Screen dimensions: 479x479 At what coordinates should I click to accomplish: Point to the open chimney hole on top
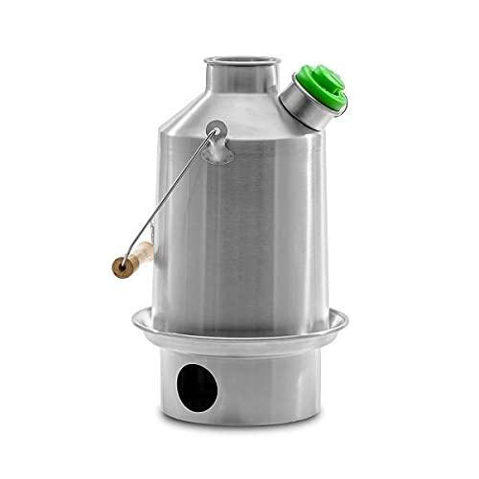tap(239, 59)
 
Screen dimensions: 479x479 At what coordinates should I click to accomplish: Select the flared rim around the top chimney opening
tap(218, 61)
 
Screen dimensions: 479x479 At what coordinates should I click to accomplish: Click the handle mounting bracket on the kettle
tap(218, 141)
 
